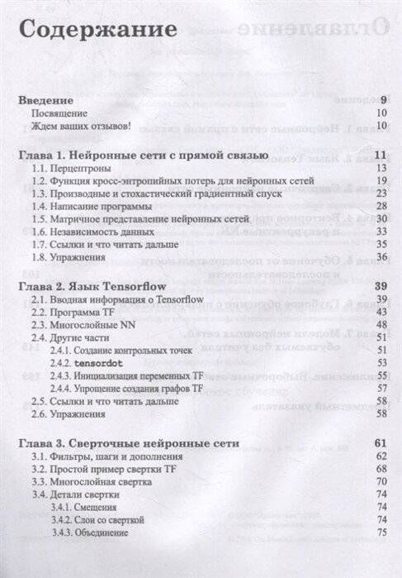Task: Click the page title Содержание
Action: click(97, 30)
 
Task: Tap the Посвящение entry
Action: click(59, 113)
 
